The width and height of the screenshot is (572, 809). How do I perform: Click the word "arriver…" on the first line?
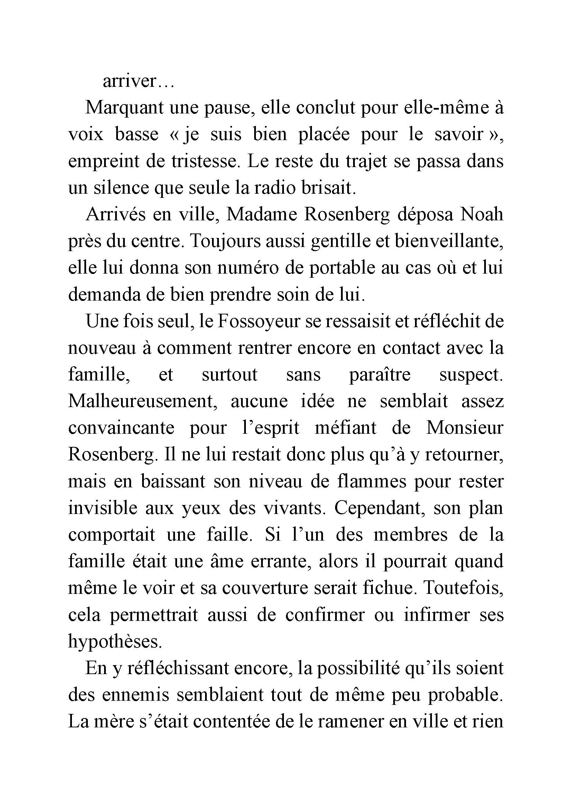tap(138, 81)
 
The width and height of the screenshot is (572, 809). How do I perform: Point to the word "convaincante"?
tap(121, 428)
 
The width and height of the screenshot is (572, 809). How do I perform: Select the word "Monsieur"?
tap(464, 428)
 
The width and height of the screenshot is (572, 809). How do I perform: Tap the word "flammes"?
tap(371, 481)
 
